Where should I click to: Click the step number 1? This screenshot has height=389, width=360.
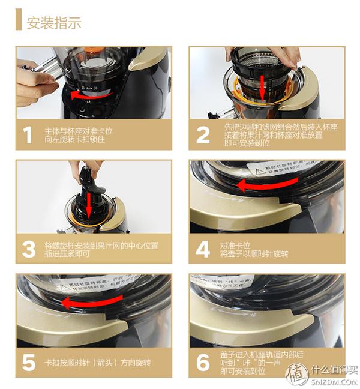point(28,135)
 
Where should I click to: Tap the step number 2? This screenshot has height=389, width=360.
point(203,135)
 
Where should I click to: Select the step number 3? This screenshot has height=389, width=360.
point(28,249)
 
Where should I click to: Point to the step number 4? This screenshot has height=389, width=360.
point(203,249)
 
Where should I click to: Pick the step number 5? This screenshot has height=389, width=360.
point(28,363)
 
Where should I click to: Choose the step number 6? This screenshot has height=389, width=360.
point(203,363)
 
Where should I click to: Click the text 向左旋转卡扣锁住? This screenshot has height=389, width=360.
point(73,140)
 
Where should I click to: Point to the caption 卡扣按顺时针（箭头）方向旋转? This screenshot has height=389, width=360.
point(97,363)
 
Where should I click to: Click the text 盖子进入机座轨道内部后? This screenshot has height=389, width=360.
point(255,354)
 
